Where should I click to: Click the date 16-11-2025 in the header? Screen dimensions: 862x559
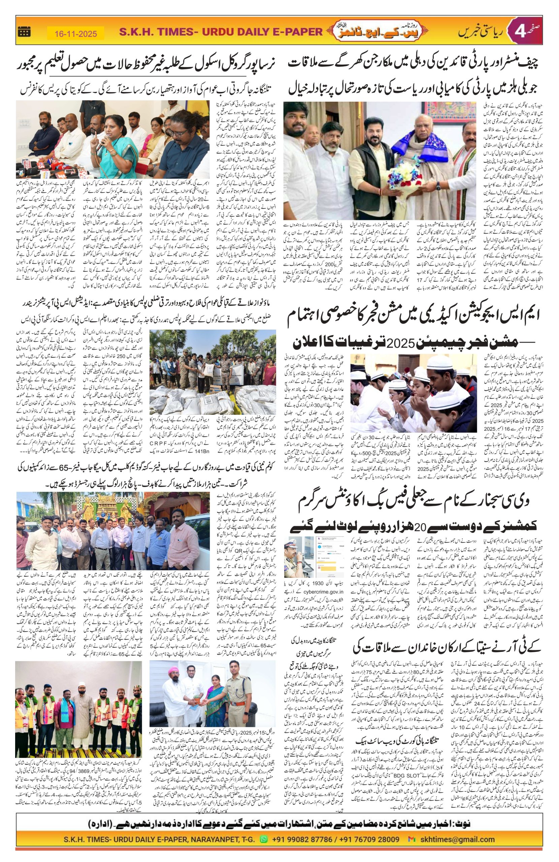click(x=76, y=34)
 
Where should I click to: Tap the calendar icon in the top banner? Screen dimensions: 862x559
click(x=24, y=32)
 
